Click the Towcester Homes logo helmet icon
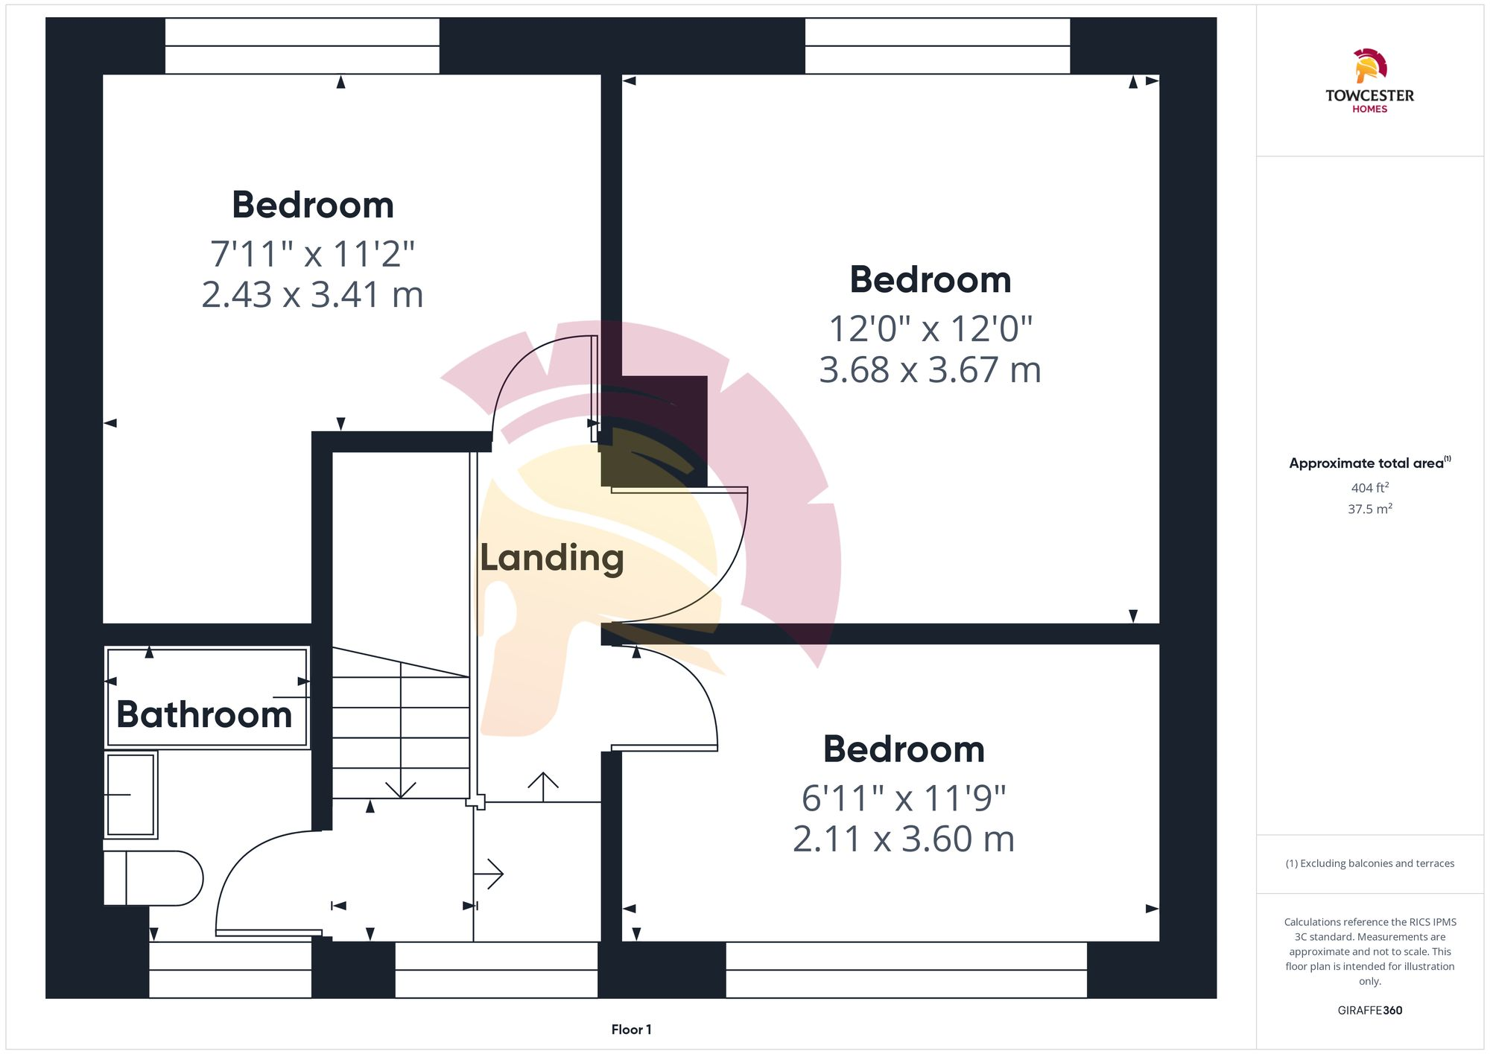(1369, 66)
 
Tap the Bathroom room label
(204, 715)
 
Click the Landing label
(551, 558)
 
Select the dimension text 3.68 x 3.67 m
(930, 370)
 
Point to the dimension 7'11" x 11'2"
(312, 254)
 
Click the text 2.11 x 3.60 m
(903, 839)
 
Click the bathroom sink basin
(131, 795)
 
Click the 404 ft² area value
(1369, 488)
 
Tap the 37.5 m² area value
(1369, 509)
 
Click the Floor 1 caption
(631, 1029)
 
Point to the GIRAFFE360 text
(1369, 1011)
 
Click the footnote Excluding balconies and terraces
(1369, 863)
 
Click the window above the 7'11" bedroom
(302, 46)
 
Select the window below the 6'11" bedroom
(906, 970)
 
